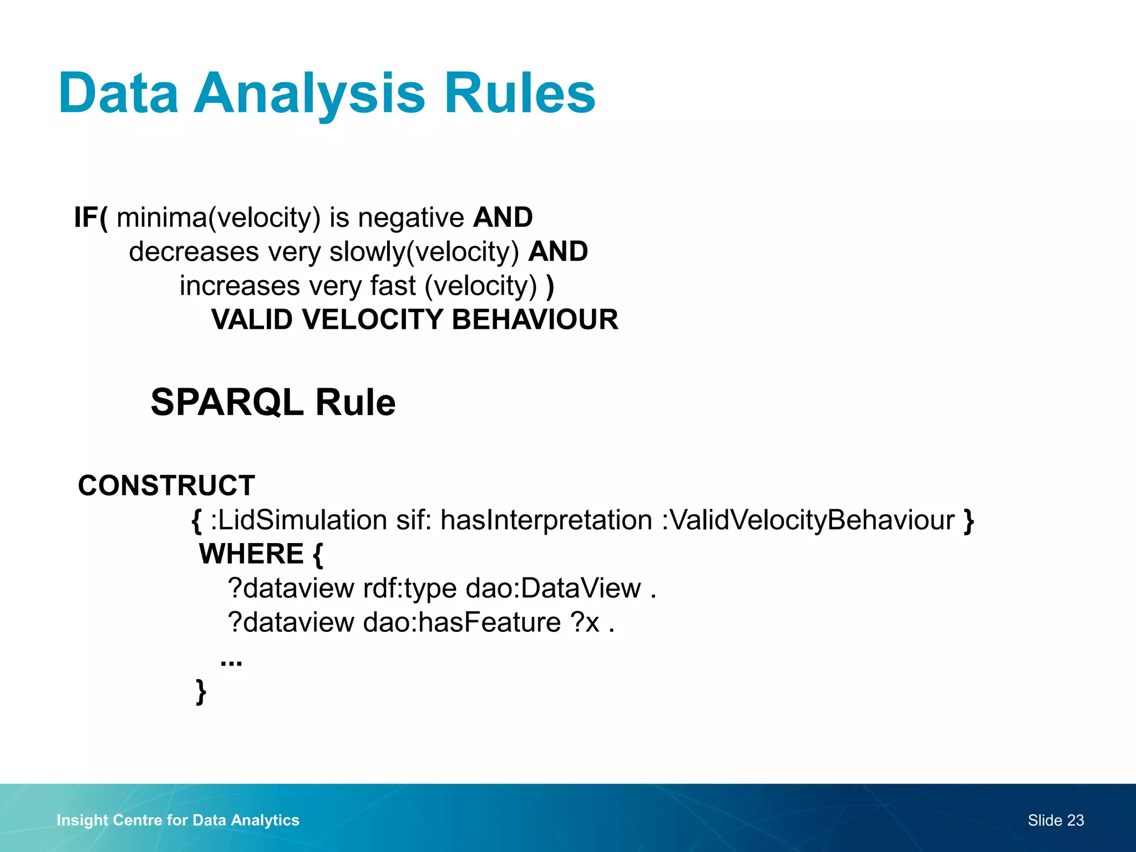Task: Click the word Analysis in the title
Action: [x=309, y=94]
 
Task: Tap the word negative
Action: [x=410, y=217]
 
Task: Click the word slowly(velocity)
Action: [x=424, y=252]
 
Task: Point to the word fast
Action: [x=393, y=286]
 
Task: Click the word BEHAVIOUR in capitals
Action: [x=535, y=320]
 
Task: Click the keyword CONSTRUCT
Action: [x=166, y=486]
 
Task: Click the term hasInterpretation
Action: [x=546, y=520]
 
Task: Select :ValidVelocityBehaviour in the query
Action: [x=808, y=520]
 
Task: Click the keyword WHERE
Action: [x=251, y=554]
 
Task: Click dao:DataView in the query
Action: [x=553, y=589]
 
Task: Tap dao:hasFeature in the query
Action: [x=461, y=622]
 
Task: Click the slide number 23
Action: [x=1075, y=820]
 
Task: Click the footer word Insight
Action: [x=82, y=820]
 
